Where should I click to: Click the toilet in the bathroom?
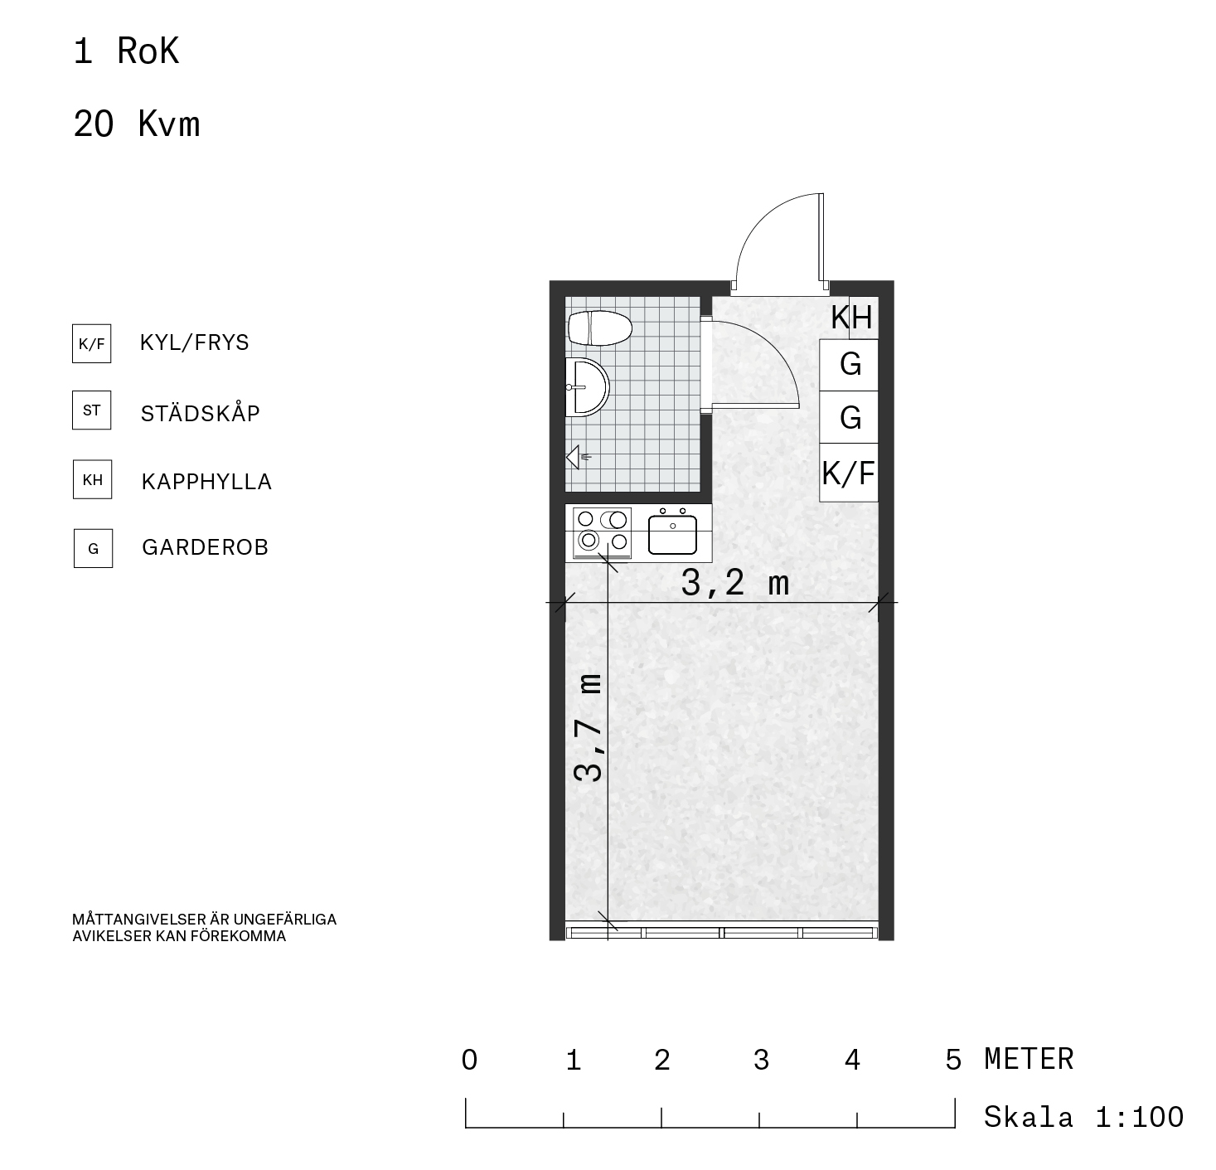599,328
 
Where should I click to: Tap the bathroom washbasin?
587,387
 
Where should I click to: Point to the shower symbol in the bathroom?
578,458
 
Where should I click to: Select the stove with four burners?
603,532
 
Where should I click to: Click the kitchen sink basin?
672,534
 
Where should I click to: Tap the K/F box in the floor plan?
849,473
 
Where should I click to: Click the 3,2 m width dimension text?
734,582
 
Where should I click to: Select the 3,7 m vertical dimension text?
588,727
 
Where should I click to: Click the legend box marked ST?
92,410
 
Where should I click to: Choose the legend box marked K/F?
92,343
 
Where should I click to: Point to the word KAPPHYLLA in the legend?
206,482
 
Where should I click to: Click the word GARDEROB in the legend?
205,547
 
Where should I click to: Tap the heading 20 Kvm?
136,124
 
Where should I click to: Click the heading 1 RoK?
126,51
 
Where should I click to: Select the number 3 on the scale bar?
761,1060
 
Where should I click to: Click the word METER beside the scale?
1029,1059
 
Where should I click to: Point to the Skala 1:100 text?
1083,1117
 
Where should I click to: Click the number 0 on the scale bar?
469,1060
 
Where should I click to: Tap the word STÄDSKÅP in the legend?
200,412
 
